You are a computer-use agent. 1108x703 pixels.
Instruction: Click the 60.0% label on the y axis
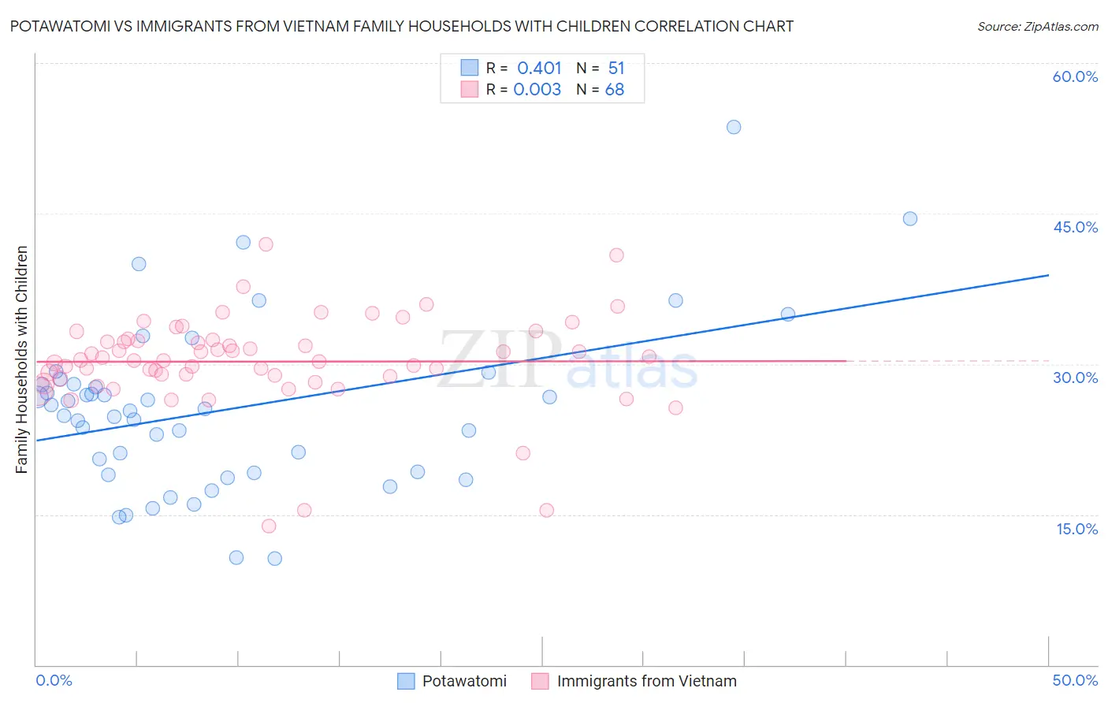point(1075,76)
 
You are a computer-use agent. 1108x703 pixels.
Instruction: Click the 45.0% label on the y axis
point(1075,227)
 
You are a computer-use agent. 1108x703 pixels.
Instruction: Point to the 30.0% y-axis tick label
point(1075,378)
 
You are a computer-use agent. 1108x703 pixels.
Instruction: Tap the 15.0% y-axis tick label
point(1076,529)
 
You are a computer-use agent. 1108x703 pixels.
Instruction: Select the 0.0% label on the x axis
point(54,680)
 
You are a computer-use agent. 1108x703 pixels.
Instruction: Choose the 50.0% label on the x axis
point(1075,680)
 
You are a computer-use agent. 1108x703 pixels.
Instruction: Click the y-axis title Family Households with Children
point(22,359)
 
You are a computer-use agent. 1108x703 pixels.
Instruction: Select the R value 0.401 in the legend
point(539,69)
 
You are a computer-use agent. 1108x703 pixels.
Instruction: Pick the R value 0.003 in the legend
point(537,90)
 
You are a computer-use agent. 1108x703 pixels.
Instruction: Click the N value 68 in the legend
point(615,90)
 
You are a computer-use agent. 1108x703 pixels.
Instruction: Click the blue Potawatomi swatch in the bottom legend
point(406,681)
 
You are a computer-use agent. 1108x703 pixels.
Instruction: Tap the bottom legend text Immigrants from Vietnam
point(646,681)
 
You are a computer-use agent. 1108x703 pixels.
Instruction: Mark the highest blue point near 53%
point(734,127)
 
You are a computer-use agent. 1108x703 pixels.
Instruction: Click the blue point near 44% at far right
point(910,219)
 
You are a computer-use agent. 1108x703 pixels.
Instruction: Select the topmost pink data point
point(266,244)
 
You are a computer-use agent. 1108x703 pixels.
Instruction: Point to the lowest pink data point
point(269,526)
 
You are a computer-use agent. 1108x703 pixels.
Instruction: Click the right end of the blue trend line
point(1048,275)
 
